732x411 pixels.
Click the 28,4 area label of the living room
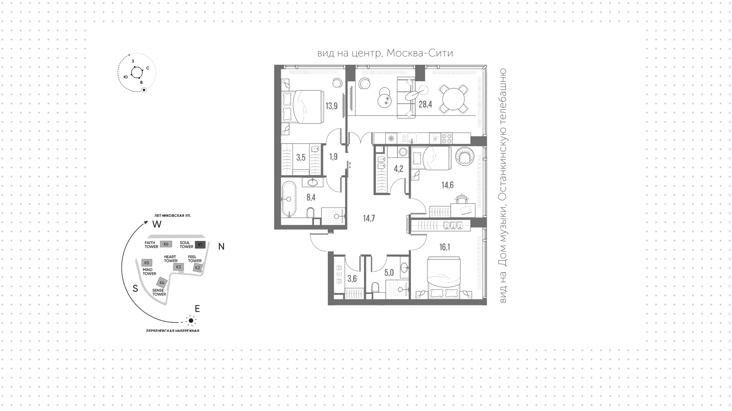[x=425, y=104]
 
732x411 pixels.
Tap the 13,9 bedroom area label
[x=331, y=106]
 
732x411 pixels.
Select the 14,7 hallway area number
[x=369, y=218]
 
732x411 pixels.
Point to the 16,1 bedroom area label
[x=445, y=247]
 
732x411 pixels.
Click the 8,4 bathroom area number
[x=311, y=197]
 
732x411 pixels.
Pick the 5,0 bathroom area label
[x=388, y=273]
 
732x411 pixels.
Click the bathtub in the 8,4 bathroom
[x=289, y=199]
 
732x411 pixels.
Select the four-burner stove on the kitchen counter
[x=446, y=138]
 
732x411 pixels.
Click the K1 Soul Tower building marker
[x=200, y=244]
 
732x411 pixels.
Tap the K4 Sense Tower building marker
[x=162, y=283]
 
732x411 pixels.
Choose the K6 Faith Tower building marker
[x=166, y=244]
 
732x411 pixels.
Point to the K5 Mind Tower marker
[x=147, y=263]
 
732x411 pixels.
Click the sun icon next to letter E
[x=191, y=320]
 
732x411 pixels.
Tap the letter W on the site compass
[x=157, y=224]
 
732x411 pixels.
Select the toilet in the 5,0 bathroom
[x=375, y=288]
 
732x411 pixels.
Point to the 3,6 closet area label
[x=352, y=279]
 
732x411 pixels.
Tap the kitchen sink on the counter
[x=412, y=137]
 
